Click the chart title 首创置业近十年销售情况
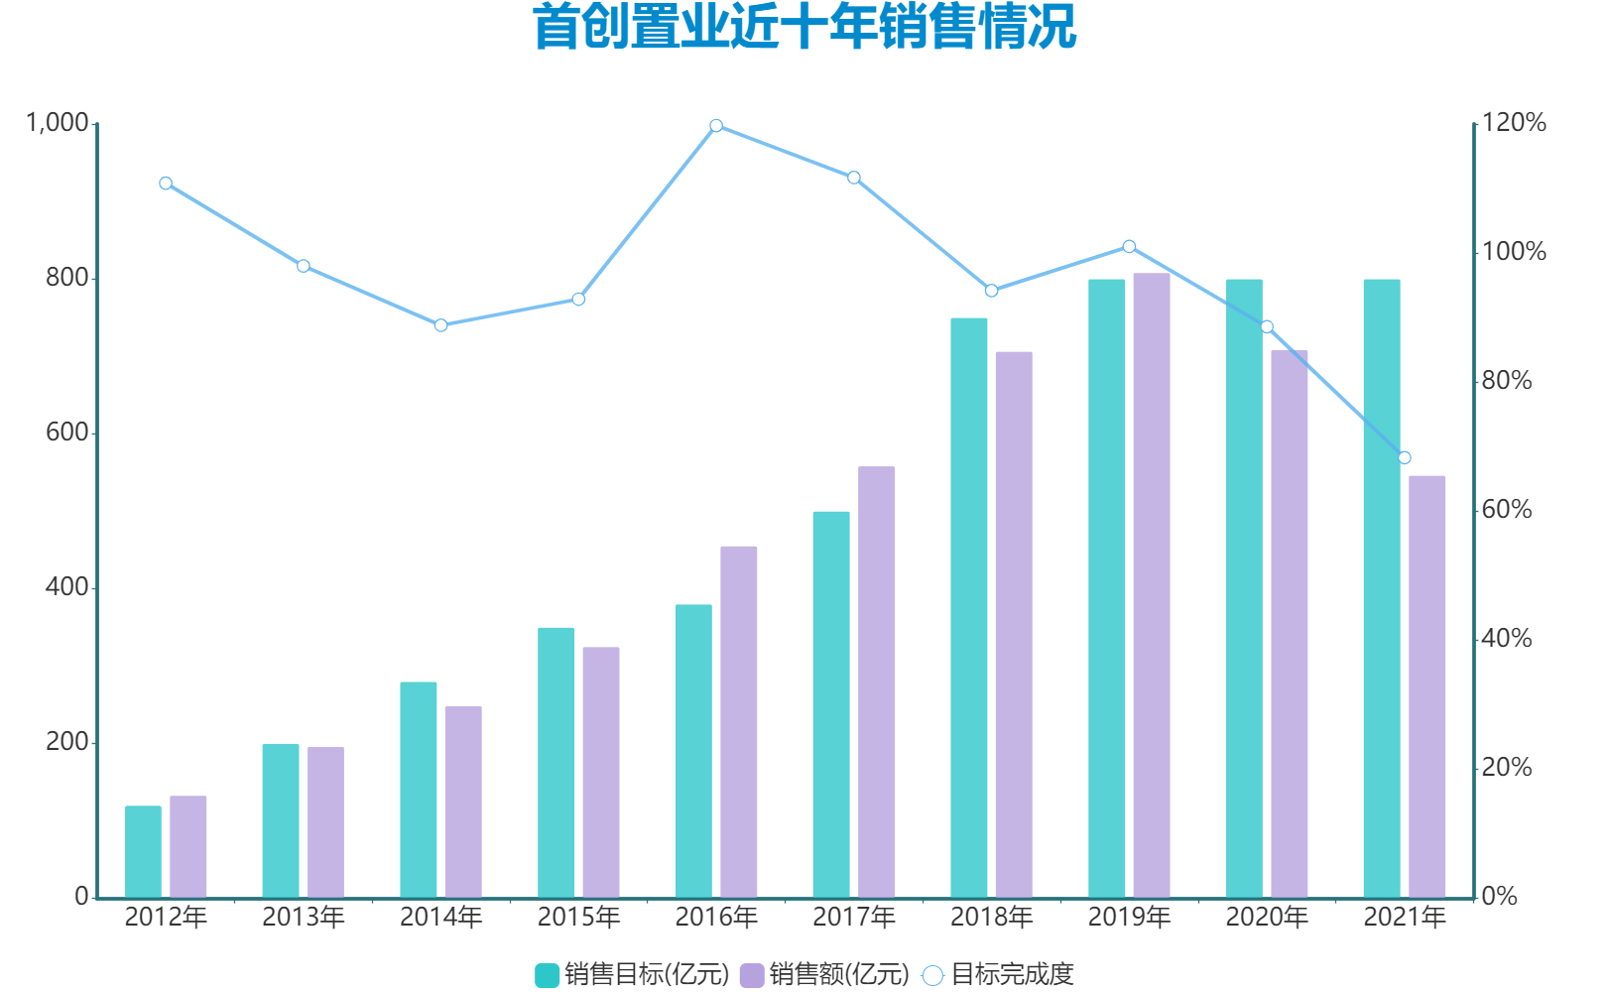(x=804, y=27)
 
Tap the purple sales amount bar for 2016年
(x=738, y=721)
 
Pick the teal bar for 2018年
(x=968, y=607)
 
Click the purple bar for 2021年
(x=1426, y=686)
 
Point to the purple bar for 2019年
(x=1152, y=585)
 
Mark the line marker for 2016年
(x=716, y=126)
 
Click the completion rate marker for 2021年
(x=1404, y=457)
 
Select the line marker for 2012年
(x=166, y=184)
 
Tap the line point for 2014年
(x=440, y=325)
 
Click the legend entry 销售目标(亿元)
(x=632, y=974)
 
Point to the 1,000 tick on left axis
(x=58, y=123)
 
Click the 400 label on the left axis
(x=67, y=587)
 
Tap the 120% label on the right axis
(x=1514, y=123)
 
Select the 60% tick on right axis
(x=1507, y=510)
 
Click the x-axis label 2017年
(x=853, y=918)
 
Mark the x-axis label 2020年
(x=1267, y=918)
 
